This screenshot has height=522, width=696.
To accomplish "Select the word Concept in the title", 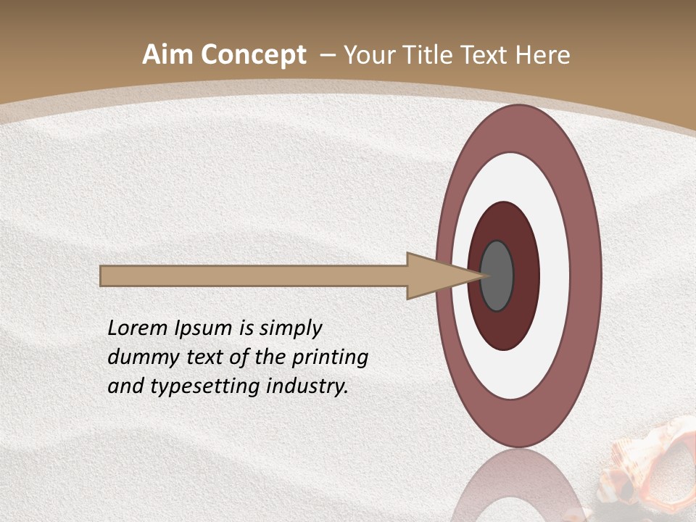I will [x=254, y=55].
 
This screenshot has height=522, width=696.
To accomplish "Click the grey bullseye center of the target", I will [x=497, y=275].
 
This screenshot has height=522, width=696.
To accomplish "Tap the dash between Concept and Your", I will [x=327, y=55].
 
